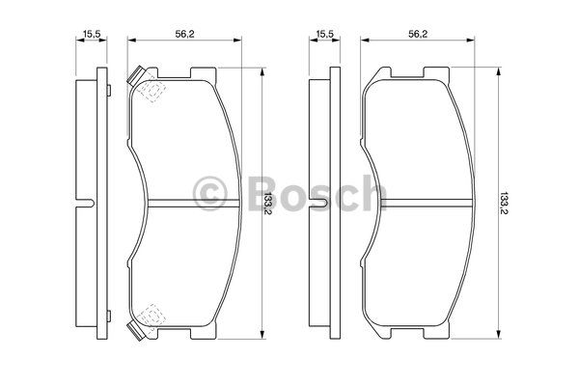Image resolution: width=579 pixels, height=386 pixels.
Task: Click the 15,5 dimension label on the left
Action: (x=92, y=34)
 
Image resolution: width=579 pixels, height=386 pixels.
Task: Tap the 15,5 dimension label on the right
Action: (x=325, y=34)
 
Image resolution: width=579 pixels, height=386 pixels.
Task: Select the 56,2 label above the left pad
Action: (x=184, y=34)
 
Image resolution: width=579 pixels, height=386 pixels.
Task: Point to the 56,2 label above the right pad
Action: (x=418, y=34)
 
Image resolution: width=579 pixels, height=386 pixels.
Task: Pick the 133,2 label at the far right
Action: (x=504, y=204)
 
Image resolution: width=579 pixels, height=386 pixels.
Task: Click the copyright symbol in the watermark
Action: (x=210, y=194)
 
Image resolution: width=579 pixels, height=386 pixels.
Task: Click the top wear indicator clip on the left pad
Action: (x=135, y=75)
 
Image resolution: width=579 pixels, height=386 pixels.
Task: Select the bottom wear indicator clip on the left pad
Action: (x=135, y=331)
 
